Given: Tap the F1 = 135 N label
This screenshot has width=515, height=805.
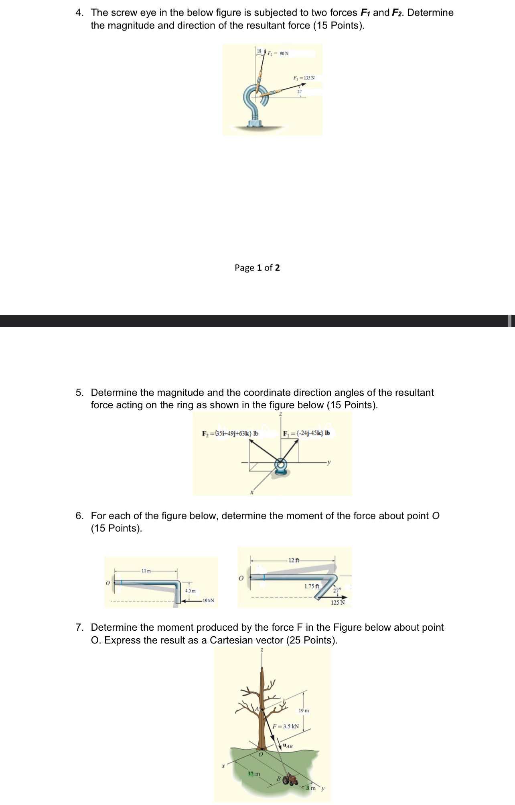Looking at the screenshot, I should click(304, 78).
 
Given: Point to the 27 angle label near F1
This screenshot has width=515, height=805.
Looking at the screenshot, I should click(299, 92).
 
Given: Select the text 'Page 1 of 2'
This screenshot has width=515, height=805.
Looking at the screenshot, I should click(257, 268).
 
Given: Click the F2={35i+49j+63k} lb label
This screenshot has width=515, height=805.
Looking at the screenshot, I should click(230, 433).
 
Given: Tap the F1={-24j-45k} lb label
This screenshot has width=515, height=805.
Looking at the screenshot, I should click(306, 433).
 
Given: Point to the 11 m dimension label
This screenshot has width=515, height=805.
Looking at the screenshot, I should click(146, 571).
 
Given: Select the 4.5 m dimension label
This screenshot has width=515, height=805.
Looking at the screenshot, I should click(190, 591).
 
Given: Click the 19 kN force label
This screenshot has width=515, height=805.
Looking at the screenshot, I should click(208, 600).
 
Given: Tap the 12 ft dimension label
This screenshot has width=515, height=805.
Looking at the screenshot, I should click(294, 560).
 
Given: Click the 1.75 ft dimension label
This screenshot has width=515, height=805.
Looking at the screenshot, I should click(312, 586).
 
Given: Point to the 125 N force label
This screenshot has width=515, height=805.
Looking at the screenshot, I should click(338, 602).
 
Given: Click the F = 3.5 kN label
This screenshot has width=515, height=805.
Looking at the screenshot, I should click(286, 726).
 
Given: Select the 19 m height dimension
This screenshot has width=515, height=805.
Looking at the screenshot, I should click(304, 710).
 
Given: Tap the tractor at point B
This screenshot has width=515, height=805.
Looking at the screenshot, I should click(290, 780).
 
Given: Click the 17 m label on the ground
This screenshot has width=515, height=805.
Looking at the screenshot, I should click(254, 773).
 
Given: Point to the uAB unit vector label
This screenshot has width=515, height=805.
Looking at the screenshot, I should click(288, 746).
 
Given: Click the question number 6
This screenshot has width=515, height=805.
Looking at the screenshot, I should click(79, 516).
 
